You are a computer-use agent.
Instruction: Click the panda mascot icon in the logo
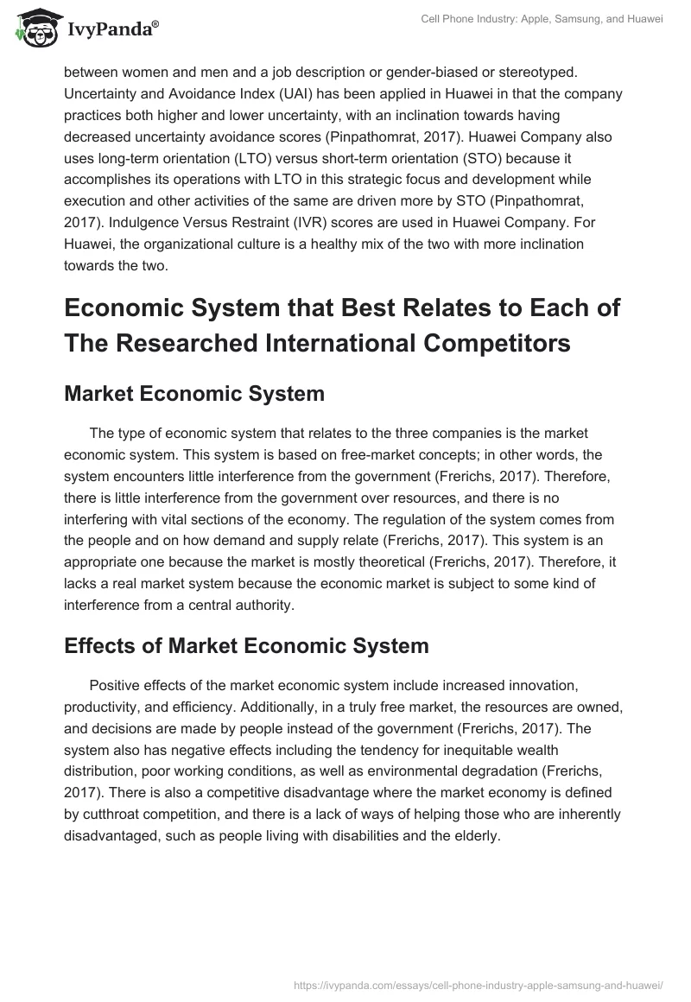(x=33, y=29)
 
